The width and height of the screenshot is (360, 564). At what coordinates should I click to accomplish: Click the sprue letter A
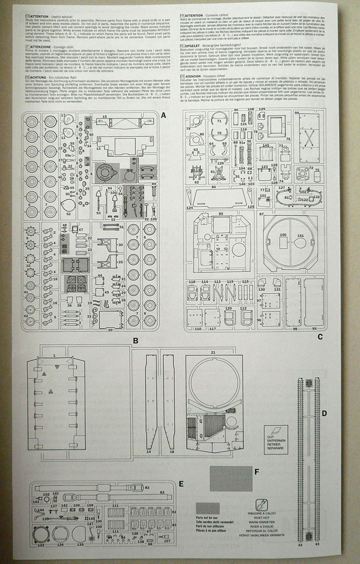163,114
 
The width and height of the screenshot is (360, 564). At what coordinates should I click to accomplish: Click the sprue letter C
319,337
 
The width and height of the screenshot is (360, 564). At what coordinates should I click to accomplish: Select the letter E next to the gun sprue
180,483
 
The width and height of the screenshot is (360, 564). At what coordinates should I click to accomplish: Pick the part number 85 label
221,213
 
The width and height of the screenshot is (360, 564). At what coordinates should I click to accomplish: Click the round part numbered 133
41,536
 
